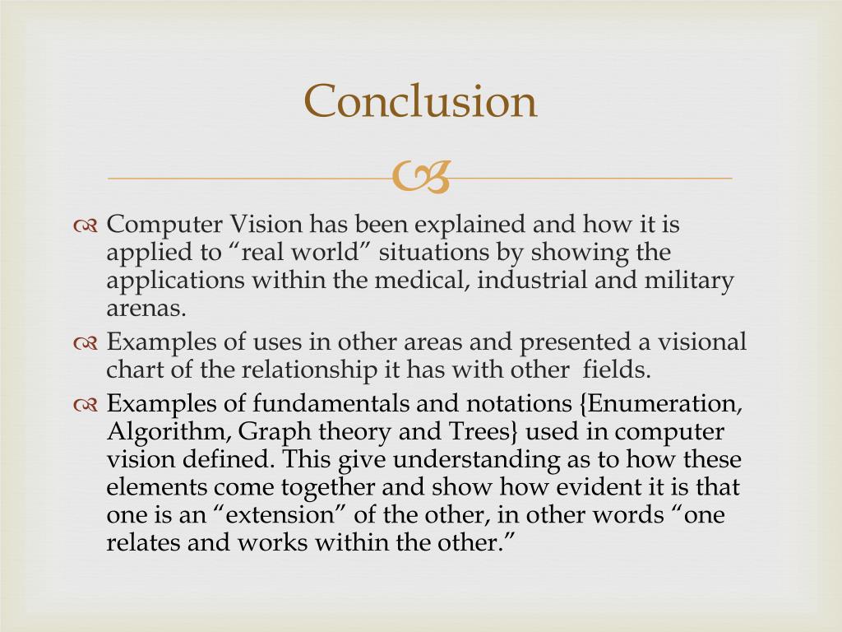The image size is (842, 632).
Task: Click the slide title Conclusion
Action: point(420,102)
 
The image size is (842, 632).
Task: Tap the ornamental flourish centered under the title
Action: point(421,176)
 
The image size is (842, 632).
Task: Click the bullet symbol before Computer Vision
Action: point(86,225)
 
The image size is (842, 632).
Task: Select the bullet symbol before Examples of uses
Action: point(86,343)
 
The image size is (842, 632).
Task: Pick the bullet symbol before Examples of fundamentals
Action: point(86,405)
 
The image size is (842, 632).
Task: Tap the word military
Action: point(690,280)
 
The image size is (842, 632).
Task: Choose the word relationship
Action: point(309,369)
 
